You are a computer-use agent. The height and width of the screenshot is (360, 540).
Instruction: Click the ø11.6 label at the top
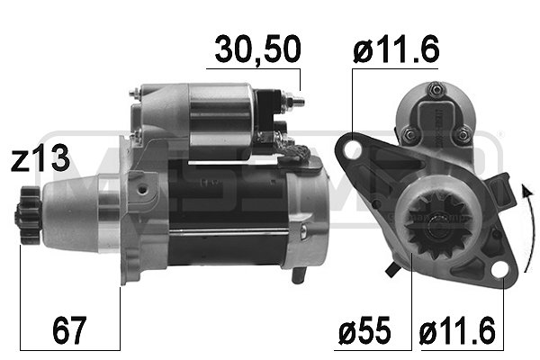pos(397,50)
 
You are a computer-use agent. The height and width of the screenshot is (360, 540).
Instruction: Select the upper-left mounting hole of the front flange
pos(353,152)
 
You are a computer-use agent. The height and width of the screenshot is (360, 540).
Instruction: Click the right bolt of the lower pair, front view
pos(463,134)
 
